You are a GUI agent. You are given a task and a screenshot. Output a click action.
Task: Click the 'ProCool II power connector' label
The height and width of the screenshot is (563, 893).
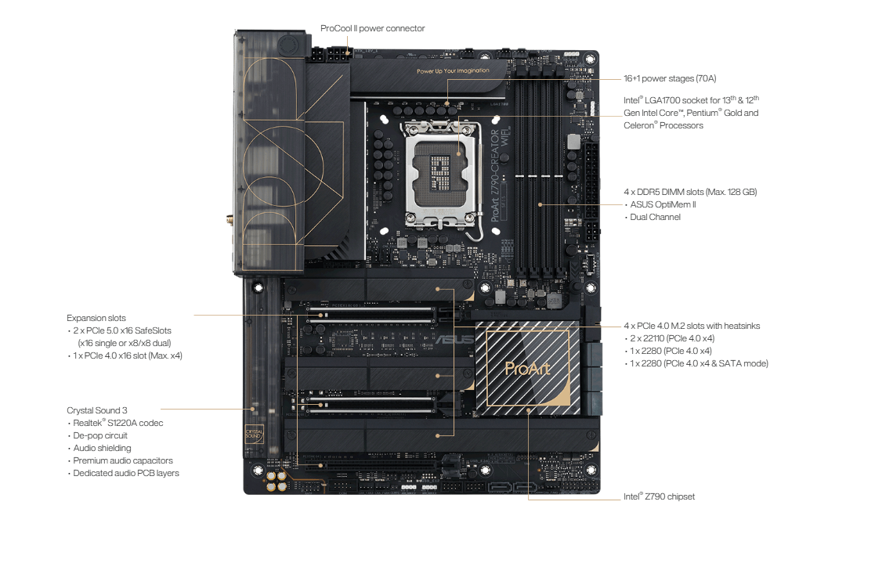(x=372, y=28)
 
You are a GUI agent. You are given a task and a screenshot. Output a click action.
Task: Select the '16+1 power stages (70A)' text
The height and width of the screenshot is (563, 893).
(x=670, y=78)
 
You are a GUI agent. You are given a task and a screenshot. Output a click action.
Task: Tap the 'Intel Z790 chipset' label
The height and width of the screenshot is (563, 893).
(x=659, y=496)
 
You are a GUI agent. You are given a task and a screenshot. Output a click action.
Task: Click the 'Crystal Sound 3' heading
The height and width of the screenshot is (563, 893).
(x=97, y=410)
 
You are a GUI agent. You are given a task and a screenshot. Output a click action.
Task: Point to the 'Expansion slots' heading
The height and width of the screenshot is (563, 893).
(x=96, y=318)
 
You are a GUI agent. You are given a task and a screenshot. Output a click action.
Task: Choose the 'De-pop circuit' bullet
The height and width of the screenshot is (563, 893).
(x=100, y=435)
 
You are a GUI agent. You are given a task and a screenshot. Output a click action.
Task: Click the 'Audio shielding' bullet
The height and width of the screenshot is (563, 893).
(x=102, y=448)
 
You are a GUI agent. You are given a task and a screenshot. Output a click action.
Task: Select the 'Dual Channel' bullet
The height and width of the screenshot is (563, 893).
(x=655, y=217)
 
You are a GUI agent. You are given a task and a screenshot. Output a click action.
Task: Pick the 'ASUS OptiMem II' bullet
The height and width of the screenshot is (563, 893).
(x=663, y=204)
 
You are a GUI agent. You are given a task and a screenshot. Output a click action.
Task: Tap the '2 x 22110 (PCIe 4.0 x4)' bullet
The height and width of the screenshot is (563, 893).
(x=672, y=338)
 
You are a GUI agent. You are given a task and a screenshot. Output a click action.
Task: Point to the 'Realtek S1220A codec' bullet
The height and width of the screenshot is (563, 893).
(x=117, y=423)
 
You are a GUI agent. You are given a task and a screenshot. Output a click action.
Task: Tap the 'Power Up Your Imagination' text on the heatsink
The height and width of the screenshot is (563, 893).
(x=453, y=71)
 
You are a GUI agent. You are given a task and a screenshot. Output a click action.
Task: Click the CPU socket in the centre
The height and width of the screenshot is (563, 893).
(x=441, y=173)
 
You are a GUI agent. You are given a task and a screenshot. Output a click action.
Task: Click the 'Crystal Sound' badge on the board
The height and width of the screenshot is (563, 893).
(x=254, y=435)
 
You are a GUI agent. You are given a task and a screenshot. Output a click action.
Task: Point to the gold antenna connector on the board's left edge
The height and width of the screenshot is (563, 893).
(x=230, y=219)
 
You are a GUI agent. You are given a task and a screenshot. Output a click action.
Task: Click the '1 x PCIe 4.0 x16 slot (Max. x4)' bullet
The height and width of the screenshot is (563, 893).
(x=128, y=355)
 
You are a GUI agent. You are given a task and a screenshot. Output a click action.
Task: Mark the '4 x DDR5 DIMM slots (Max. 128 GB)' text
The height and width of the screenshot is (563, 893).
(x=690, y=192)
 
